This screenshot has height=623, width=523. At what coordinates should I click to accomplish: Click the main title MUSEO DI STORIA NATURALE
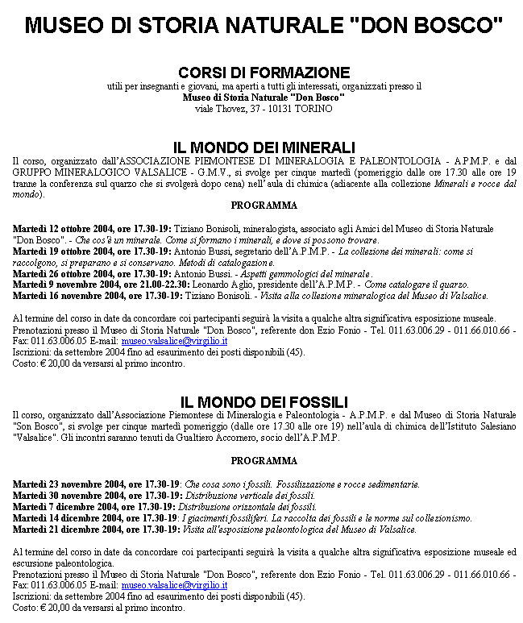(x=264, y=26)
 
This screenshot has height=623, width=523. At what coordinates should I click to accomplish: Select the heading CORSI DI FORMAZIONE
(x=264, y=73)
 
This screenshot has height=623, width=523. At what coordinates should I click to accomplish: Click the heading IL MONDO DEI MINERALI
(x=264, y=147)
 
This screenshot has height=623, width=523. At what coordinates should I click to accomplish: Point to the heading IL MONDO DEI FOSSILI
(x=264, y=401)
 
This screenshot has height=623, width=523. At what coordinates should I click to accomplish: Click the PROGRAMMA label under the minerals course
(x=264, y=206)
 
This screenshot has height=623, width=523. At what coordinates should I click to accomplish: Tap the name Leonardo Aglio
(x=225, y=285)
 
